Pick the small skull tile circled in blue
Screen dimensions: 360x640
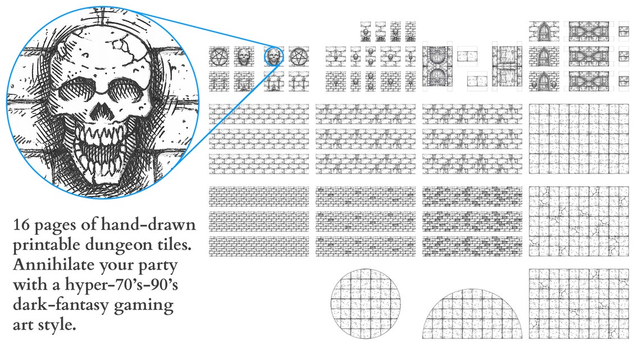click(274, 57)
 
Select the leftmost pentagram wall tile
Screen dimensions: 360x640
click(218, 57)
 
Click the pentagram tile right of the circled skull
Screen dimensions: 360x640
click(299, 57)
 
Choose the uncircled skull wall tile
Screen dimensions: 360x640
click(243, 57)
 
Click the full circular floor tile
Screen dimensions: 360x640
click(365, 303)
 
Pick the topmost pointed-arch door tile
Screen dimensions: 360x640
click(543, 31)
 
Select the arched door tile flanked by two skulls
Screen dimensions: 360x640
click(543, 81)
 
